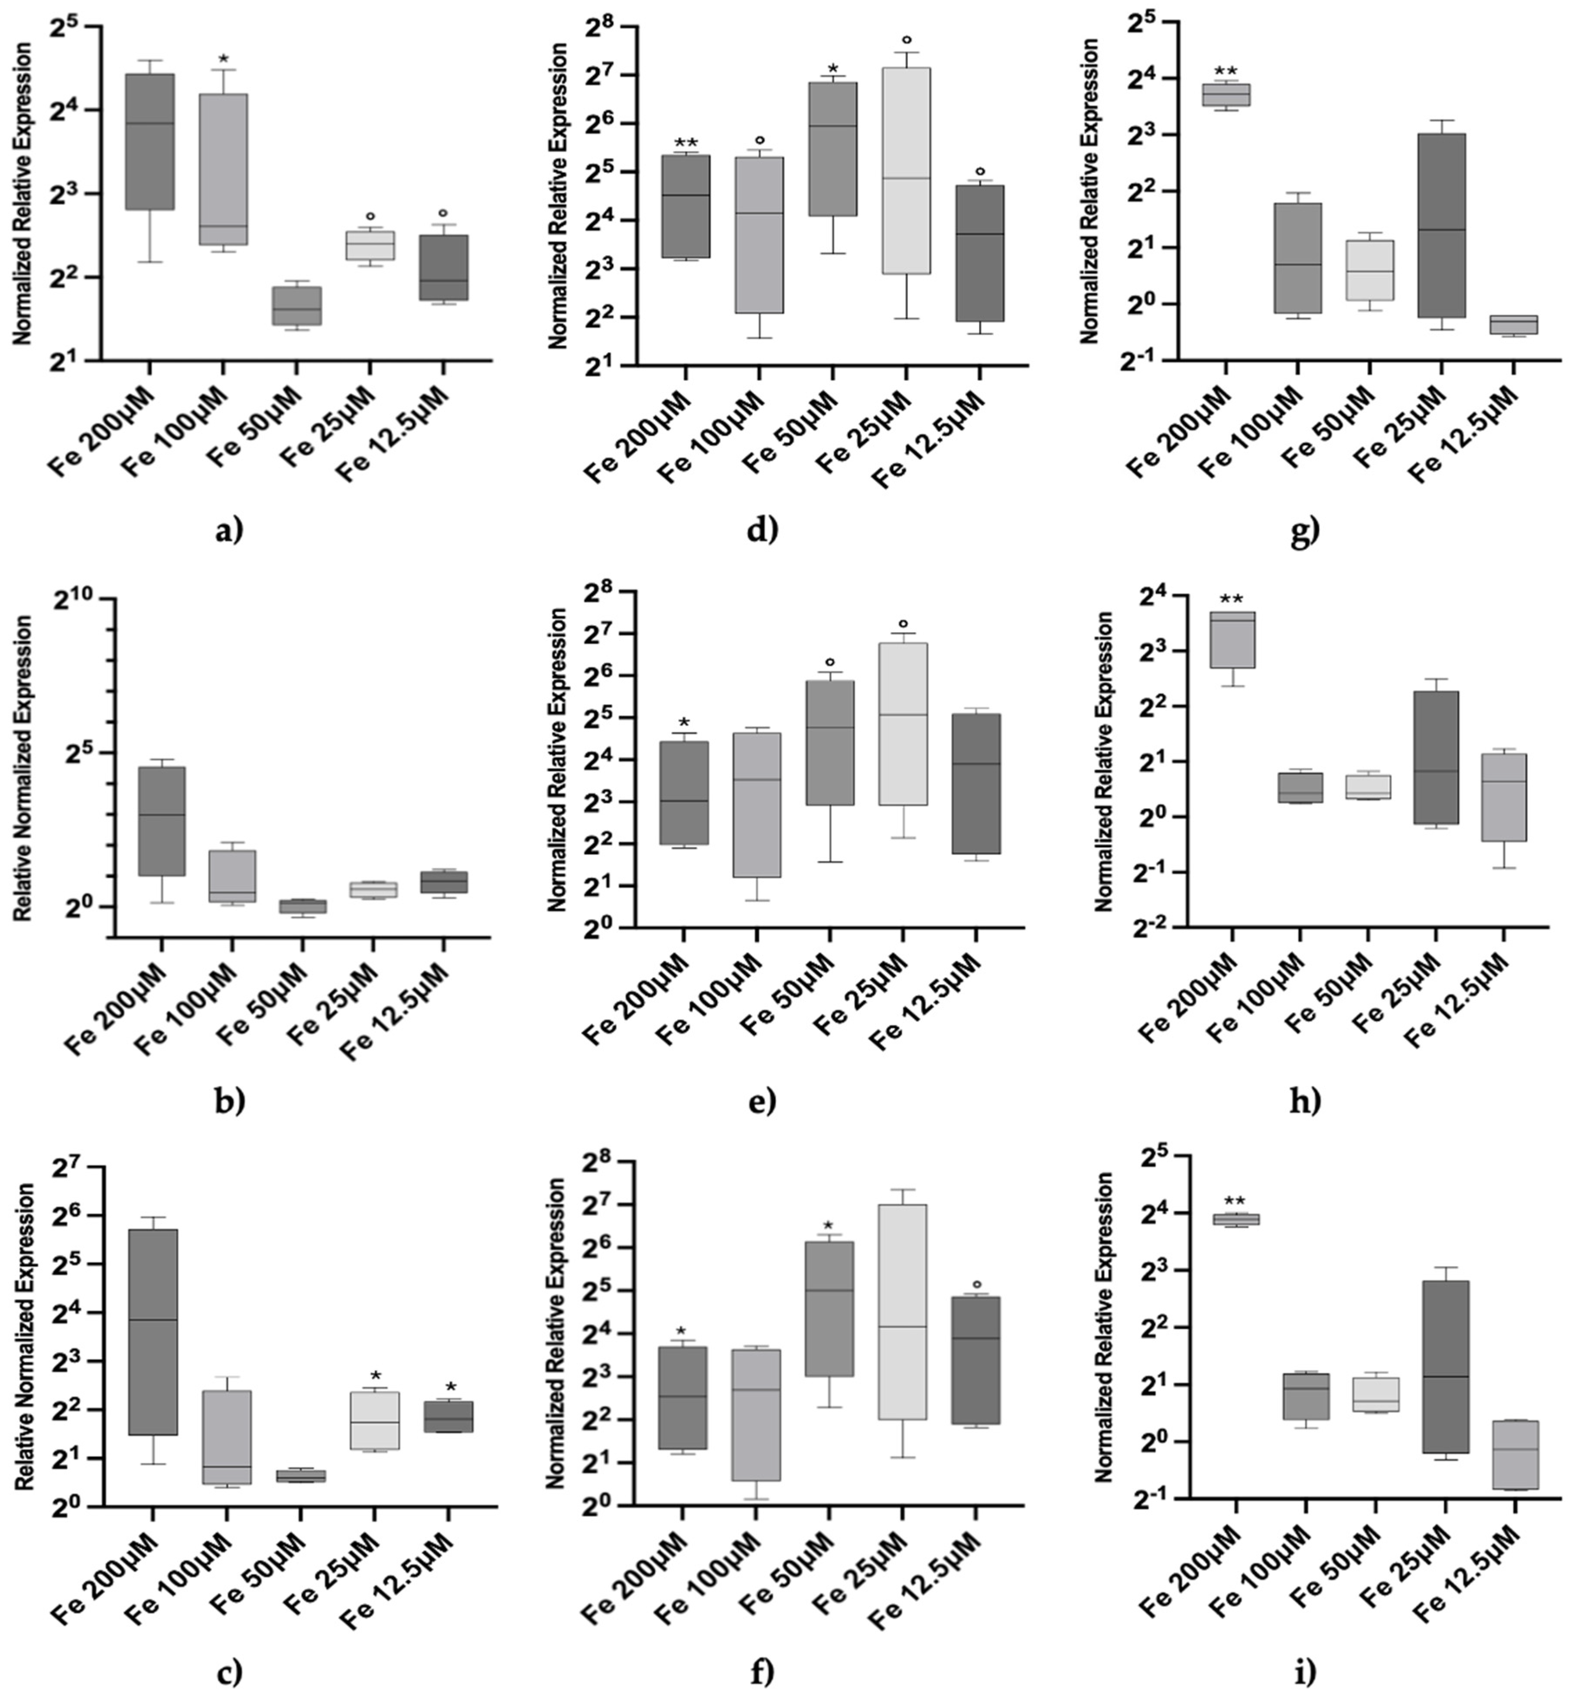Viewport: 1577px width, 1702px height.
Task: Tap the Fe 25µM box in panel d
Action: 906,171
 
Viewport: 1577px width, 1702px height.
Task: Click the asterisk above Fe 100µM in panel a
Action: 224,60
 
